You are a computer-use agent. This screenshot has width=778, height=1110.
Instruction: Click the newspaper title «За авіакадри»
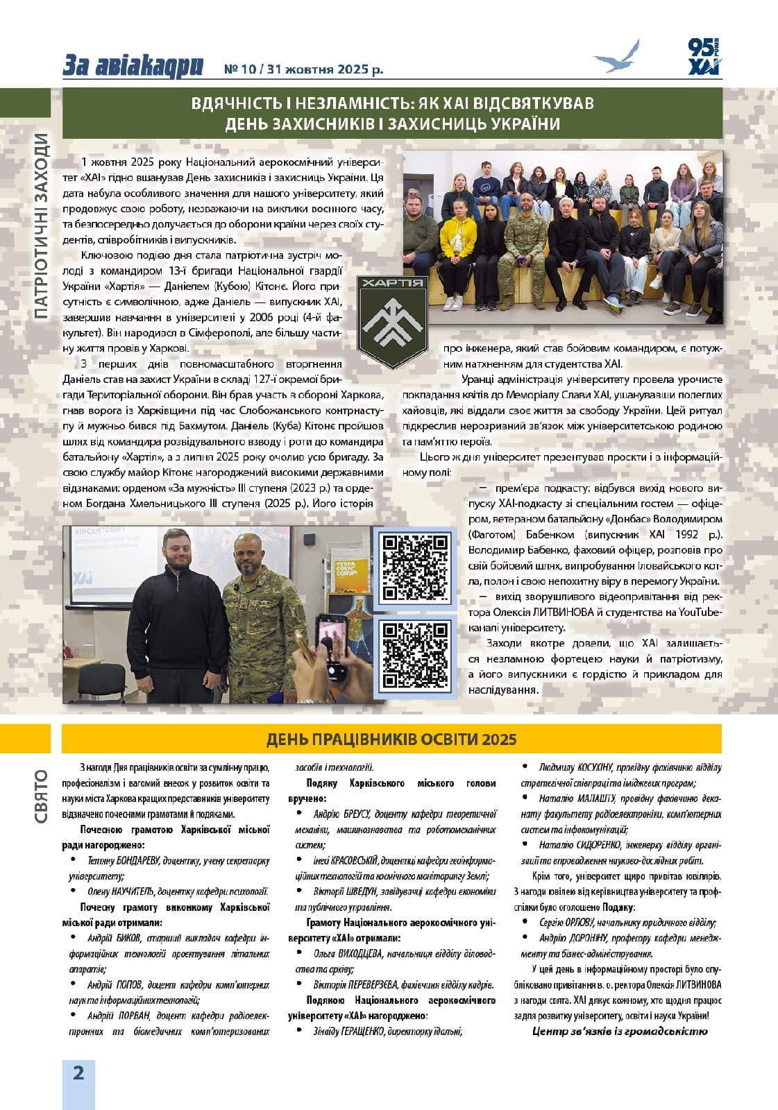pyautogui.click(x=133, y=66)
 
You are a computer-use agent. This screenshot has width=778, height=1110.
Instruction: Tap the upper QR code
pyautogui.click(x=415, y=567)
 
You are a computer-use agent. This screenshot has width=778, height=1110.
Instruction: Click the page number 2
pyautogui.click(x=78, y=1073)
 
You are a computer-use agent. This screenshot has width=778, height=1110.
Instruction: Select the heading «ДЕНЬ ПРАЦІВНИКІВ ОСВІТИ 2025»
pyautogui.click(x=391, y=739)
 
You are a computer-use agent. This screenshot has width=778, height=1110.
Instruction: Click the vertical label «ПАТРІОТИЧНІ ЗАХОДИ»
pyautogui.click(x=41, y=225)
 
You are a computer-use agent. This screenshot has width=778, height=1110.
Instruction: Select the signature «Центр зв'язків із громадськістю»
pyautogui.click(x=620, y=1032)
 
